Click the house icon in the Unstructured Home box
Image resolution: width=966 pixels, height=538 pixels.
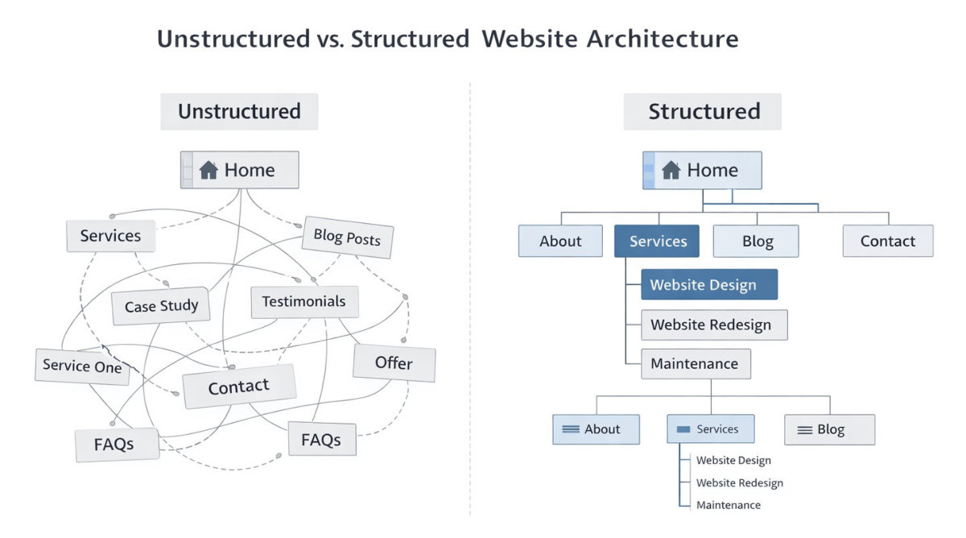click(208, 170)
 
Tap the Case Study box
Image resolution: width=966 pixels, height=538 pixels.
click(160, 307)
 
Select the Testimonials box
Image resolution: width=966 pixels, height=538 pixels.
click(303, 301)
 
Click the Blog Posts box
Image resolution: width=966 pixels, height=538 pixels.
click(347, 237)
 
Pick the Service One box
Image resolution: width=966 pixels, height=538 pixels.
click(82, 366)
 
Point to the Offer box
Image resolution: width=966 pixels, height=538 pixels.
click(394, 363)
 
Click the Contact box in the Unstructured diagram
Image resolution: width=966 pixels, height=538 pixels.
click(238, 387)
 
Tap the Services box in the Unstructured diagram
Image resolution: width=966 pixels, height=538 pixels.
click(110, 236)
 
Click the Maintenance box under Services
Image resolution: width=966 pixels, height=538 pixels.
click(696, 363)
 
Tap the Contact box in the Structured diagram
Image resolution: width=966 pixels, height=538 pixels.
click(887, 241)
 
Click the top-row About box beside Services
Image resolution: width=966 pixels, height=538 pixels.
click(560, 241)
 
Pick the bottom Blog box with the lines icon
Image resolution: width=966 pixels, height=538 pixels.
click(829, 429)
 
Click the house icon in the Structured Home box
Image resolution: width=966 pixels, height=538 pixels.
click(671, 170)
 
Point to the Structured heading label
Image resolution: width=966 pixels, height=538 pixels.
click(703, 111)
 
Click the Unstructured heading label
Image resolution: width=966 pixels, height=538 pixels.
click(239, 111)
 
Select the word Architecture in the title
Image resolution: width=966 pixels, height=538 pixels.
click(662, 38)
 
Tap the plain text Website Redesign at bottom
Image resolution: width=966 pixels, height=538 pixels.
click(739, 482)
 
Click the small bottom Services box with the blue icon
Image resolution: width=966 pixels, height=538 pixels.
click(710, 429)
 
